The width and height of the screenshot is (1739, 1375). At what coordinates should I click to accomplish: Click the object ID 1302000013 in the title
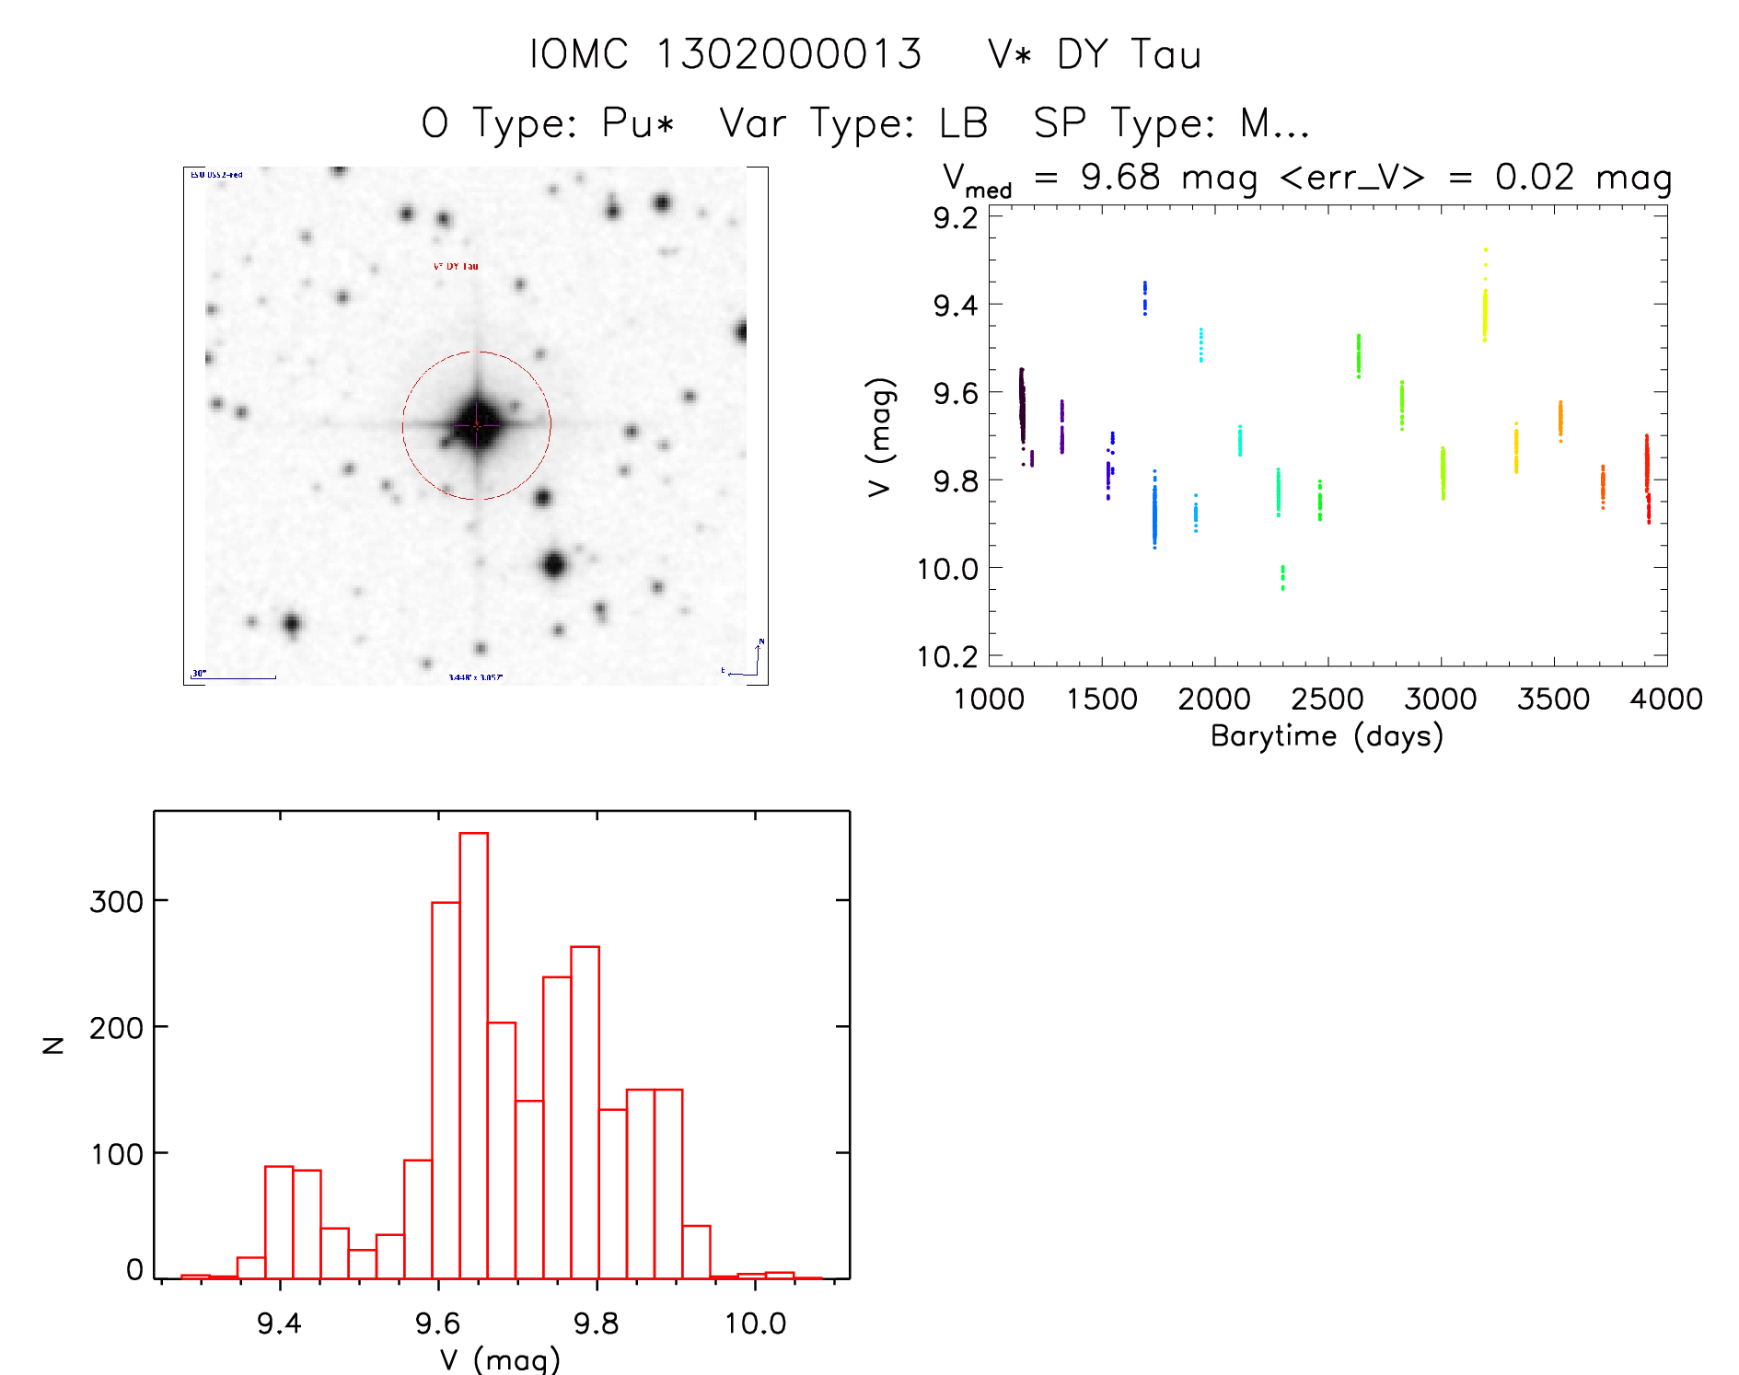(x=789, y=54)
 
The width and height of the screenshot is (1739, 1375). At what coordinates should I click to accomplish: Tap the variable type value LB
(x=963, y=123)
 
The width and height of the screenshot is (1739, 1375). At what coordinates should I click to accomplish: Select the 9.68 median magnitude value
(x=1120, y=177)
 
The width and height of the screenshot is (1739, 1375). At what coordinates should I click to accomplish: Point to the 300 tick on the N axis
(x=117, y=901)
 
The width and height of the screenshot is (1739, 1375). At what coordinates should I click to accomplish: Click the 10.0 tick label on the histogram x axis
(x=755, y=1323)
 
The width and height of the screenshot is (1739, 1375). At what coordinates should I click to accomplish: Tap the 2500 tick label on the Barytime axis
(x=1327, y=699)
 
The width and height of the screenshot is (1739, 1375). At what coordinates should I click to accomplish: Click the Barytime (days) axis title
(x=1327, y=736)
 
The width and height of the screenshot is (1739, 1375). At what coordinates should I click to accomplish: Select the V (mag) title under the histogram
(x=500, y=1358)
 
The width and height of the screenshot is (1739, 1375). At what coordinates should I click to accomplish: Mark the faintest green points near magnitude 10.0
(x=1282, y=577)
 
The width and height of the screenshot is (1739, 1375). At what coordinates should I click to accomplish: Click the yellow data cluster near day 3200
(x=1484, y=308)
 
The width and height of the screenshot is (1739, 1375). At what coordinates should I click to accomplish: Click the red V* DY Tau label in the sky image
(x=456, y=266)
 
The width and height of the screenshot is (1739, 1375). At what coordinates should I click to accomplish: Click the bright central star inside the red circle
(x=477, y=424)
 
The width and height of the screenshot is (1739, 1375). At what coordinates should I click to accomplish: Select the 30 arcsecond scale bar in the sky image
(x=233, y=677)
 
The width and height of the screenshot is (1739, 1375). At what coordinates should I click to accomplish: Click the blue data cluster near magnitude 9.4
(x=1144, y=297)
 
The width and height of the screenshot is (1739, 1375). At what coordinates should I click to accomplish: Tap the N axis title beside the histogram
(x=53, y=1045)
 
